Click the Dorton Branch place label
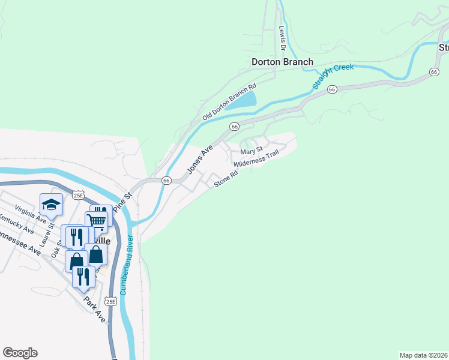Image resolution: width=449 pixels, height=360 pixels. coord(282,61)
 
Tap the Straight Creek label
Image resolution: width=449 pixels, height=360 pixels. coord(333,76)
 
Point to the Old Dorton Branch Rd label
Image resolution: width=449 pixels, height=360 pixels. coord(229,101)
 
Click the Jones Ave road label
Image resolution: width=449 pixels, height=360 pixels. coord(199,161)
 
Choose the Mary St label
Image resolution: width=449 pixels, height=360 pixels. coord(252,150)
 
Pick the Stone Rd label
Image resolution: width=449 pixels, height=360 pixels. coord(227,178)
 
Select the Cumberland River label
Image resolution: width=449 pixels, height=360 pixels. coord(126,264)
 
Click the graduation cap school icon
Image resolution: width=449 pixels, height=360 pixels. coord(52,205)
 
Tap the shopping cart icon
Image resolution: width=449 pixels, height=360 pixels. coord(97,220)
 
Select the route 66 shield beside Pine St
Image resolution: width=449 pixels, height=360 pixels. coord(166,180)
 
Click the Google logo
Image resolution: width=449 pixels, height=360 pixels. coord(20,353)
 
